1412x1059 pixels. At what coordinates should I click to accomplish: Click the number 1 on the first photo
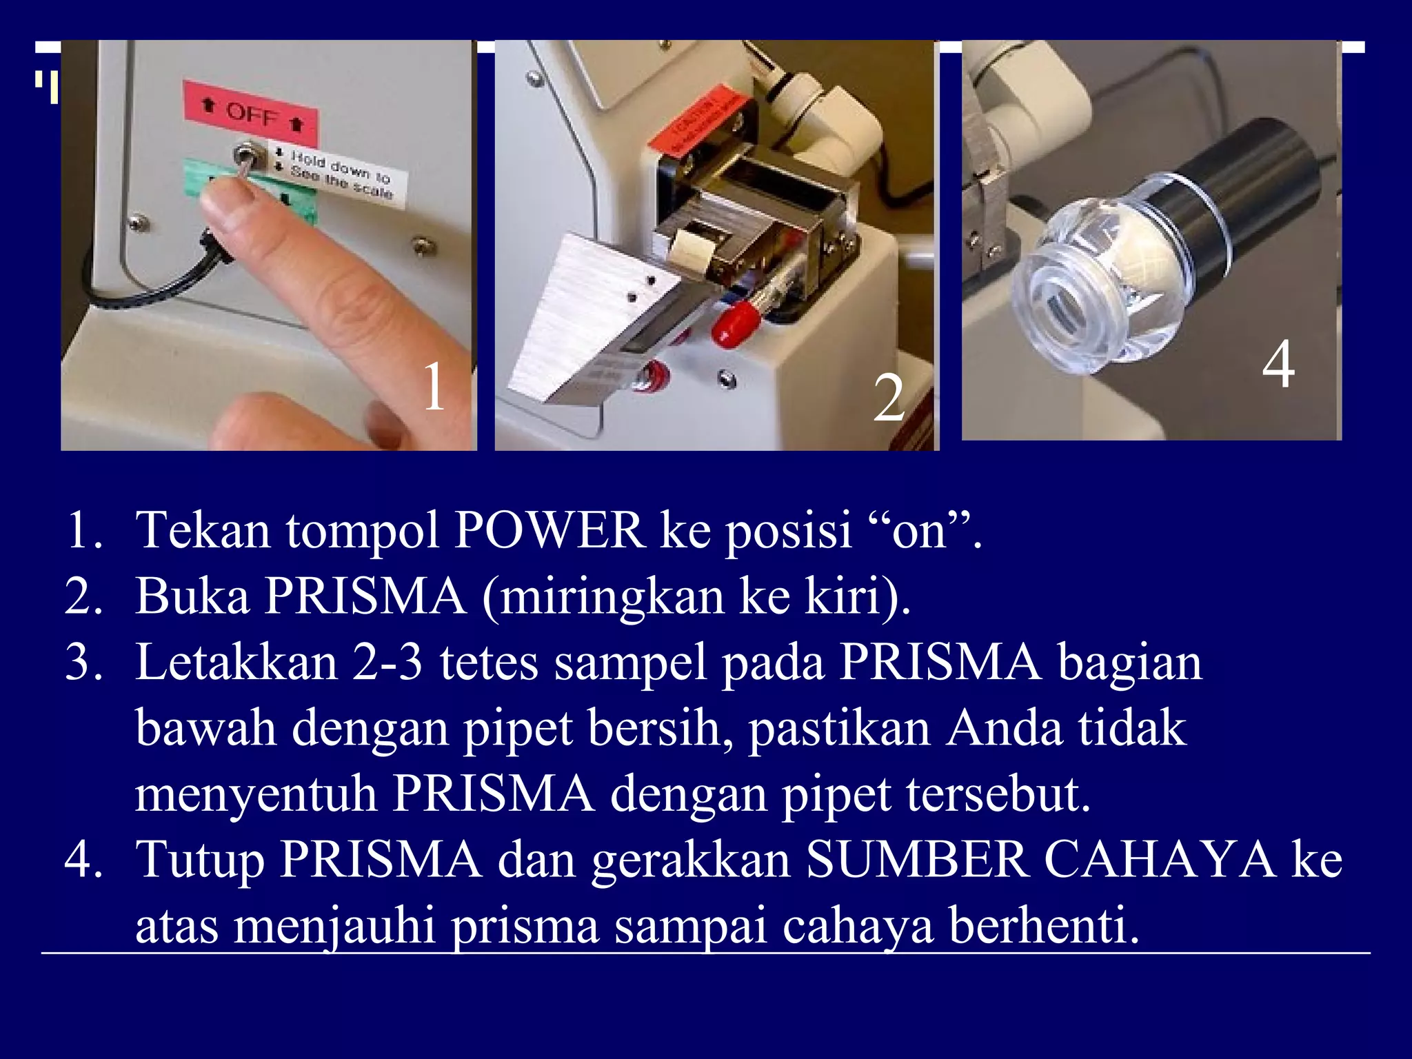coord(434,387)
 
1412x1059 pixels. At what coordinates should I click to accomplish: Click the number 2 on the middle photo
coord(889,399)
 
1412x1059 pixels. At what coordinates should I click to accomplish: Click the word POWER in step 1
coord(549,531)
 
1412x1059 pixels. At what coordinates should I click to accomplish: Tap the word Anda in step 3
coord(1003,729)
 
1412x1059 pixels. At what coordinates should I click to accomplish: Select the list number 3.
coord(83,663)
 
